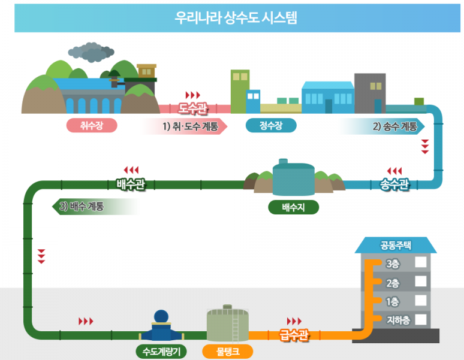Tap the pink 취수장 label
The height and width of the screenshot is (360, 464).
click(x=91, y=126)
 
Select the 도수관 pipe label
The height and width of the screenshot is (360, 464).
click(x=193, y=108)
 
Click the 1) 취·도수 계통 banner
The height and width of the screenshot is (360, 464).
click(x=189, y=126)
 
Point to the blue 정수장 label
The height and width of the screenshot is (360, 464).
click(x=271, y=126)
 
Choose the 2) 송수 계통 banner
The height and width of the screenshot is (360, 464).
click(x=394, y=126)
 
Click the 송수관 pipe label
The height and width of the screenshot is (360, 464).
click(x=394, y=184)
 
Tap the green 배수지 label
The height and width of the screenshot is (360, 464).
click(x=293, y=207)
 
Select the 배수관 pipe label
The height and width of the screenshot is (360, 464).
click(x=131, y=183)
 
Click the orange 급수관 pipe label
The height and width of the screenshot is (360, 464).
click(x=294, y=334)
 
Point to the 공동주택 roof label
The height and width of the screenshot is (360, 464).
click(x=395, y=245)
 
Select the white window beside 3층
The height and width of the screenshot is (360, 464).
click(x=421, y=262)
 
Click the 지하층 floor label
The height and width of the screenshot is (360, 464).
click(x=398, y=320)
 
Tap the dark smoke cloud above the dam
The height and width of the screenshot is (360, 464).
click(x=92, y=53)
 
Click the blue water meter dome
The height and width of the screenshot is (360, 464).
click(x=162, y=316)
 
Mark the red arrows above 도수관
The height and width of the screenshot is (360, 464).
click(x=193, y=95)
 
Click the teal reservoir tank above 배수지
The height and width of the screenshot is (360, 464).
click(x=293, y=177)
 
